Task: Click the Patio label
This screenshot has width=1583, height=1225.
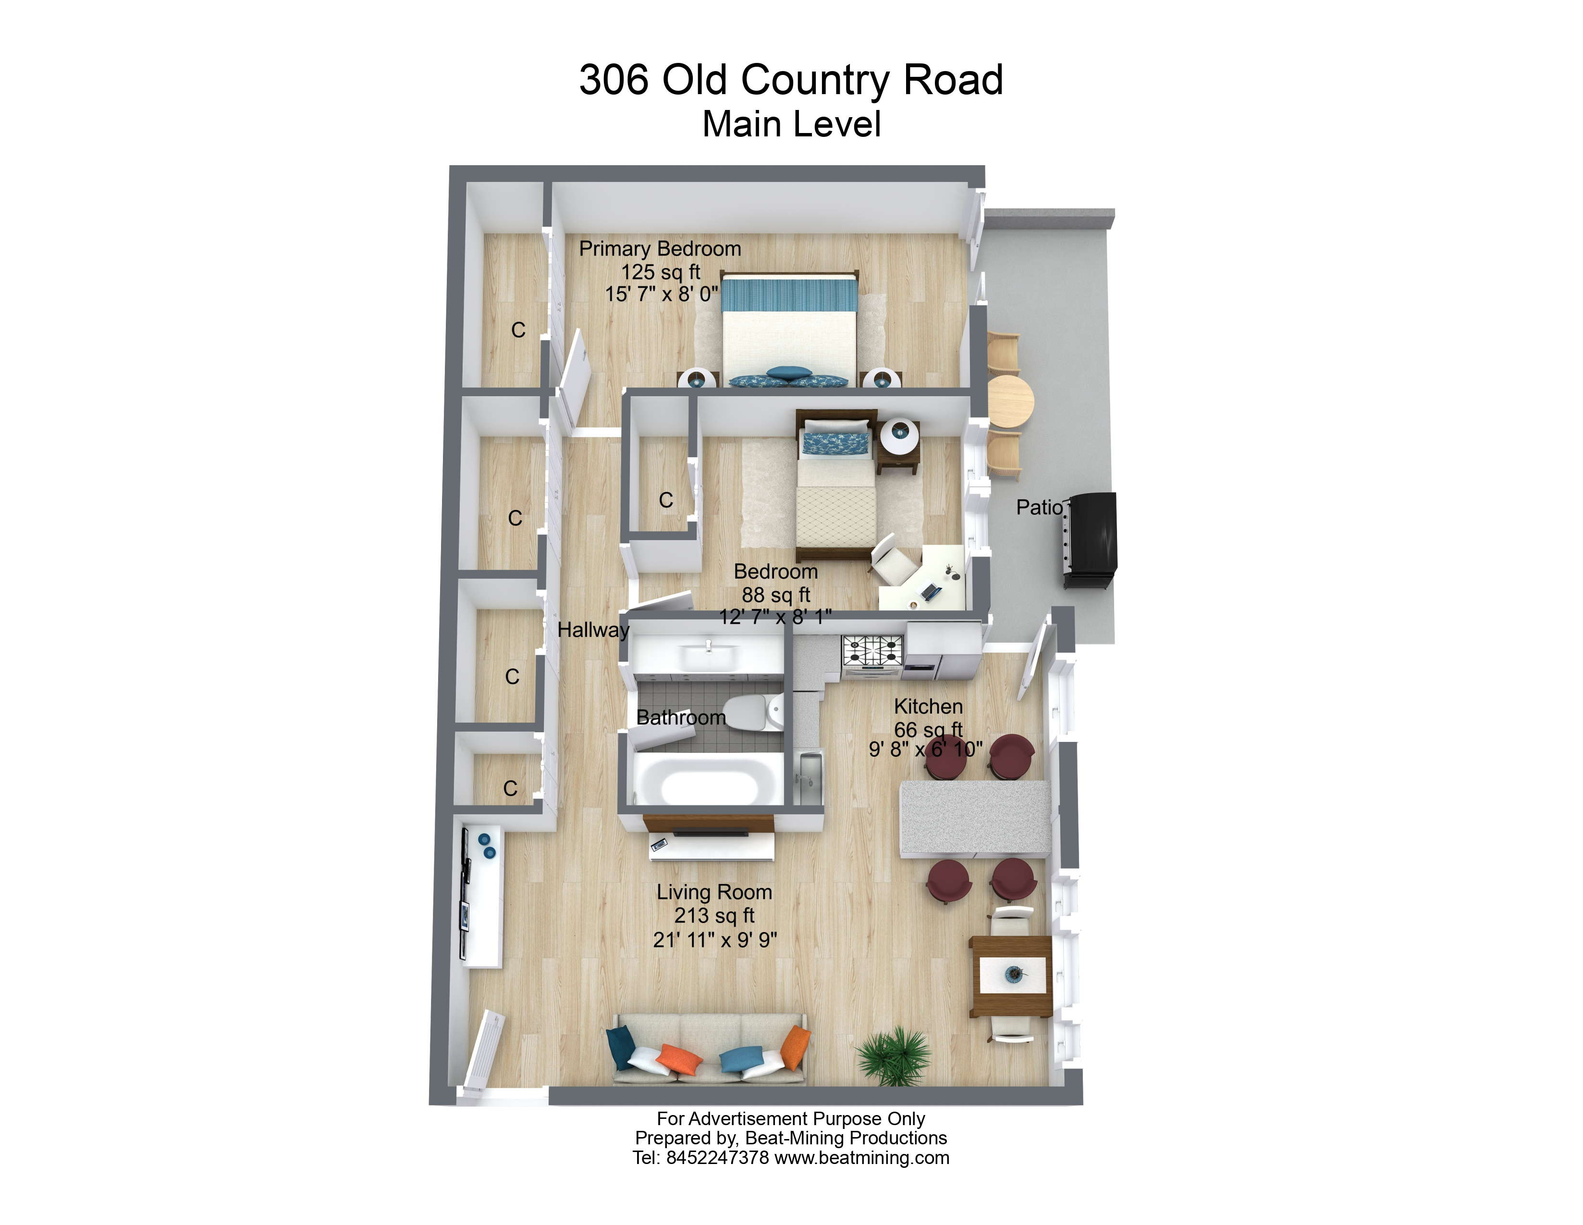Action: click(x=1039, y=507)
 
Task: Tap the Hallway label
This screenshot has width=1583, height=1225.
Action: click(x=592, y=630)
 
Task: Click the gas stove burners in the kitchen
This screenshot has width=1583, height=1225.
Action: click(x=872, y=650)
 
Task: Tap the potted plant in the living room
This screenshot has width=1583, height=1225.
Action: click(x=894, y=1057)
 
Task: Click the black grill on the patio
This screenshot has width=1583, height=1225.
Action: click(x=1091, y=540)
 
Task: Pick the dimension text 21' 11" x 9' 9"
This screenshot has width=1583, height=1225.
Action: click(x=715, y=940)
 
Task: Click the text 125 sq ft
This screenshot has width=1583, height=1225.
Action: click(x=660, y=272)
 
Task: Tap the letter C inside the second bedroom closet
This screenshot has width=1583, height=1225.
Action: click(x=665, y=500)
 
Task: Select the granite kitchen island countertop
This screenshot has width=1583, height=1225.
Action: click(x=975, y=819)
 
